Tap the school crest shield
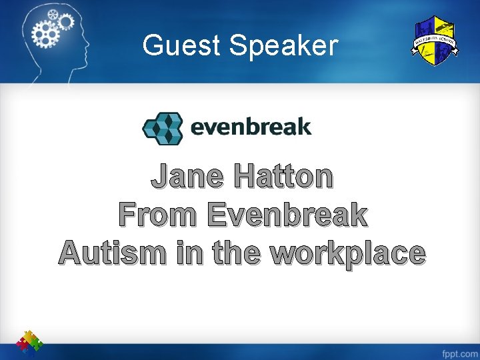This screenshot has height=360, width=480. [x=433, y=41]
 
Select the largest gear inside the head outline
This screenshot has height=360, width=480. [x=47, y=31]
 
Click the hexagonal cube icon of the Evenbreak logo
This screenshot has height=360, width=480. [x=163, y=128]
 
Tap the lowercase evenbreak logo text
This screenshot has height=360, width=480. [x=251, y=126]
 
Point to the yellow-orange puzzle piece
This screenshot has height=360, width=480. [x=28, y=334]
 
